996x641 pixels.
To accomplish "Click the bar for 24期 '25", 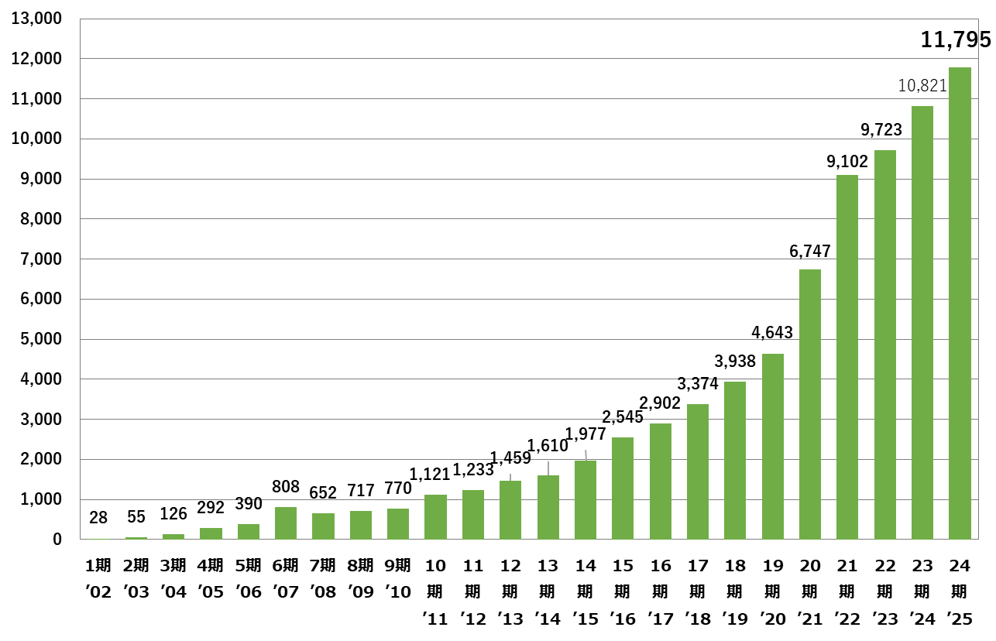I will pyautogui.click(x=960, y=303).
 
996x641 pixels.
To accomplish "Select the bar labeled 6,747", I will pyautogui.click(x=810, y=404).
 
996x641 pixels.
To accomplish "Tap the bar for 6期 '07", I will pyautogui.click(x=286, y=523).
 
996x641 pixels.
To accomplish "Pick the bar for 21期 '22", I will pyautogui.click(x=847, y=357).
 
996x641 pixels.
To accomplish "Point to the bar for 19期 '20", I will pyautogui.click(x=773, y=447).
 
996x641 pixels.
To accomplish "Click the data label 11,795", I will pyautogui.click(x=956, y=39).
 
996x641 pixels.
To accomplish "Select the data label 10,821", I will pyautogui.click(x=922, y=86).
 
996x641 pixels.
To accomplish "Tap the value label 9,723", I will pyautogui.click(x=881, y=130).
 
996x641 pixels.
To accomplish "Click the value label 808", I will pyautogui.click(x=286, y=488).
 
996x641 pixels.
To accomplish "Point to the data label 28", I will pyautogui.click(x=98, y=517).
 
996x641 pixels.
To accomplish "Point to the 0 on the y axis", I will pyautogui.click(x=57, y=540).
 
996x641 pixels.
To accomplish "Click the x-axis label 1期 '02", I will pyautogui.click(x=98, y=579).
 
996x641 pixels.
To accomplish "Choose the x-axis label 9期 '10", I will pyautogui.click(x=397, y=579).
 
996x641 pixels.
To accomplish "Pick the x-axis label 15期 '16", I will pyautogui.click(x=623, y=592).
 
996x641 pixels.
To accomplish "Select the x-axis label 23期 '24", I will pyautogui.click(x=922, y=592).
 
